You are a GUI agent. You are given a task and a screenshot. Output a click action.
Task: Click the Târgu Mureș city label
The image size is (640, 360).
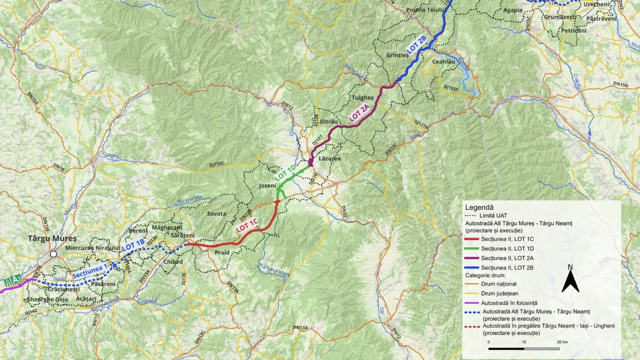tap(52, 238)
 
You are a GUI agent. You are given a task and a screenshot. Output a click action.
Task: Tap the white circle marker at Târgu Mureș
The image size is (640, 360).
tap(53, 254)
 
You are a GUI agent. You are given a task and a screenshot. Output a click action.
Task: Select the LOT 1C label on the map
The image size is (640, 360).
tap(247, 225)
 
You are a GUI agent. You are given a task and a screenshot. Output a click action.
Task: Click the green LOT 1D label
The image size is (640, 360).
tap(285, 173)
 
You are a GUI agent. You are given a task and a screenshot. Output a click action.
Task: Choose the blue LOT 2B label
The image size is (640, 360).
tap(416, 45)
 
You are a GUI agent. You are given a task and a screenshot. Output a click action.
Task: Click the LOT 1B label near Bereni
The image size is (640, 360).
tap(134, 245)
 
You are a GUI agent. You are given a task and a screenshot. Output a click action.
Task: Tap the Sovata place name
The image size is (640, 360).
tap(217, 214)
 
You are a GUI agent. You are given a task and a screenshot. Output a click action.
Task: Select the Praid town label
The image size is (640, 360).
tap(222, 252)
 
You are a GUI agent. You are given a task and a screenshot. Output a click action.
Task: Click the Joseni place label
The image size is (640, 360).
tap(268, 185)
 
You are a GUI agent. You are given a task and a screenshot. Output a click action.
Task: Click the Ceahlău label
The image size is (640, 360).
tap(443, 61)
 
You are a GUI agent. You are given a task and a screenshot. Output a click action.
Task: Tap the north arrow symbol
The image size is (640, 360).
tap(570, 281)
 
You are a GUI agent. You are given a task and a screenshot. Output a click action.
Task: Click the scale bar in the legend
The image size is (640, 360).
tap(524, 349)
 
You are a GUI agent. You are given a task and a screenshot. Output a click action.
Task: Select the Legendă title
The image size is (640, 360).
tap(479, 208)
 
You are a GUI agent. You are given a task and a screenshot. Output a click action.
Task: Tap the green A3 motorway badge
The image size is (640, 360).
tap(13, 280)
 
